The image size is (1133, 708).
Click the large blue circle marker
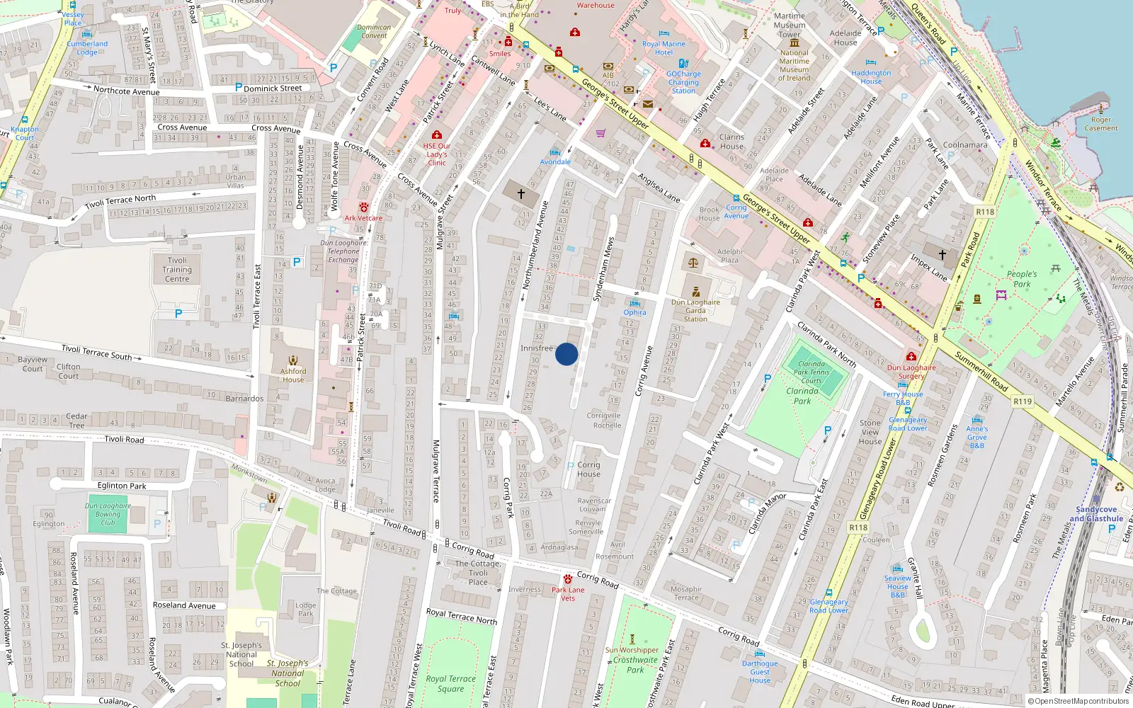point(566,354)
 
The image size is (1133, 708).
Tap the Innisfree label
point(536,348)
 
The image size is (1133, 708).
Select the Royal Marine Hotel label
point(664,48)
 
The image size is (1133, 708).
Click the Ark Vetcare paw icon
point(363,207)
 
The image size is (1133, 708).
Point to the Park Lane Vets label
point(568,594)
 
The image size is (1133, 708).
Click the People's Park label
point(1022,279)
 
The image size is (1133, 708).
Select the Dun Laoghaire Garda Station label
point(695,311)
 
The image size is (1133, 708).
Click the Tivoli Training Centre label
point(177,270)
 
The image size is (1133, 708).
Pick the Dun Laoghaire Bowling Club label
point(108,514)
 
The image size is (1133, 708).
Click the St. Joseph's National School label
point(241,654)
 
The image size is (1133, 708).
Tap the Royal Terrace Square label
point(451,683)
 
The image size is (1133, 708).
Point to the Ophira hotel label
point(634,312)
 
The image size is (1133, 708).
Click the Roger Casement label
point(1101,124)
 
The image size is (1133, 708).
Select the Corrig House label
point(588,469)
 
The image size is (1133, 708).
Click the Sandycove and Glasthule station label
point(1096,514)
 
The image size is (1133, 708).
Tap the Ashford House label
point(293,375)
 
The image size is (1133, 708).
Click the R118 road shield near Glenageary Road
point(858,527)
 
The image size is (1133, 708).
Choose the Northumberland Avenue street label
point(535,245)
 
